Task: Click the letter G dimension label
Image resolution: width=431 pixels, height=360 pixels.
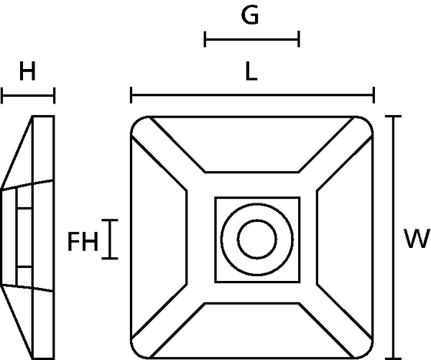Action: click(250, 15)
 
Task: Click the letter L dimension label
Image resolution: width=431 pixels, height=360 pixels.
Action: click(251, 71)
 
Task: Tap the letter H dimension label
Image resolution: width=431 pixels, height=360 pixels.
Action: click(27, 71)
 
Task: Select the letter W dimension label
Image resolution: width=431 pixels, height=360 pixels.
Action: click(417, 239)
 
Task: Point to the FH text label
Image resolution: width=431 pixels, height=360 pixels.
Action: click(83, 241)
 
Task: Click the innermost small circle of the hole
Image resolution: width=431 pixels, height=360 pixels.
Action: click(257, 239)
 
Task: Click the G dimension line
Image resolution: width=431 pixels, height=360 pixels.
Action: click(252, 40)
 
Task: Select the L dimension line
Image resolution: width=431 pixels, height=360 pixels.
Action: click(252, 95)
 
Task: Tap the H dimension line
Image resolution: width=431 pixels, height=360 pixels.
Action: click(28, 96)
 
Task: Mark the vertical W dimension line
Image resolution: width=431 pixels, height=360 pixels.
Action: click(394, 238)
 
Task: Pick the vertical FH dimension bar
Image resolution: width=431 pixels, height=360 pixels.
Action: click(110, 239)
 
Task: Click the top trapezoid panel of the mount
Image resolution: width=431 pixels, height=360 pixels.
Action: click(251, 144)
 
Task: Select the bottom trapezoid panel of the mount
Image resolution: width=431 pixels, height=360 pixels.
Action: click(251, 331)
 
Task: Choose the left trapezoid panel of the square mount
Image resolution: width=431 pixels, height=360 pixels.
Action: click(159, 237)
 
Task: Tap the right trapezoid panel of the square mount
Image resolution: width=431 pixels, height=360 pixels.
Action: click(345, 237)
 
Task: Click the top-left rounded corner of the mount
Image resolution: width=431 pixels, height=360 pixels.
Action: click(136, 121)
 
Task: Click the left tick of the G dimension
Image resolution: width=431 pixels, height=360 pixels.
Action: click(205, 40)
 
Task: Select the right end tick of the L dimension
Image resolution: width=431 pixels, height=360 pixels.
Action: click(374, 95)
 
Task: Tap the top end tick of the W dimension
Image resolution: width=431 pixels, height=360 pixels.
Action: click(394, 116)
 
